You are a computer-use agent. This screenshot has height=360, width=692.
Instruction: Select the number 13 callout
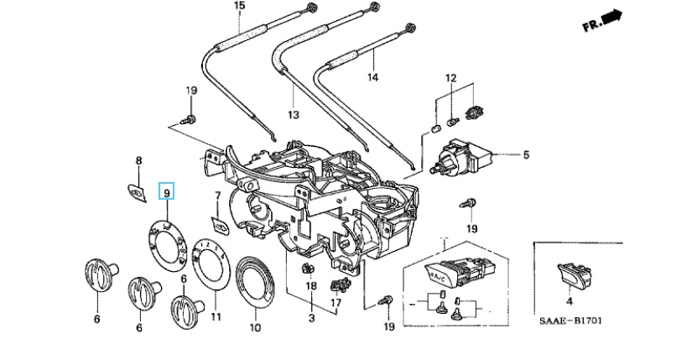click(293, 114)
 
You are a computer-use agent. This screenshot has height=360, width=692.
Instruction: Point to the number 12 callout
click(451, 78)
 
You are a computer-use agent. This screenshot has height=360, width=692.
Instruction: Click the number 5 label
click(526, 154)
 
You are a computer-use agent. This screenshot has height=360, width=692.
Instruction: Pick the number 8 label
click(139, 160)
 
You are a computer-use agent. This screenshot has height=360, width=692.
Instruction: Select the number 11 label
click(216, 317)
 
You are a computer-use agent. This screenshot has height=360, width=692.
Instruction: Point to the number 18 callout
click(310, 286)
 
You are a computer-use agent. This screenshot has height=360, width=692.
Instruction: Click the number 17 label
click(336, 302)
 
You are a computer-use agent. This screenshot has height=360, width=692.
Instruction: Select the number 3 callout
click(311, 318)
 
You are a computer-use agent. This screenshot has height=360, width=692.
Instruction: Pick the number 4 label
click(570, 300)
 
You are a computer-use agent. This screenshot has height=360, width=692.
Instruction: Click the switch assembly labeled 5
click(464, 157)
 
